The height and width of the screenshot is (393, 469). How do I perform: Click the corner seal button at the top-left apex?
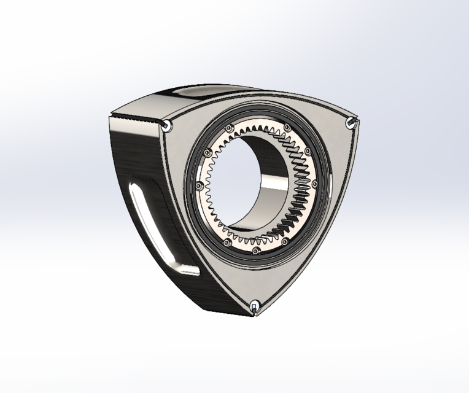[166, 125]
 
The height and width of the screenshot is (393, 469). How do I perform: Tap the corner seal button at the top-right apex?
[351, 122]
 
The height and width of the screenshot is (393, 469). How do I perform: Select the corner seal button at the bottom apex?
[254, 305]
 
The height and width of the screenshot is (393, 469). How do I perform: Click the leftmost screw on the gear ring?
[198, 186]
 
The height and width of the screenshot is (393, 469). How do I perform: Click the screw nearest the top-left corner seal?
[228, 128]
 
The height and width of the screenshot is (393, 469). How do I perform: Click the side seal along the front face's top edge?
[258, 106]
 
